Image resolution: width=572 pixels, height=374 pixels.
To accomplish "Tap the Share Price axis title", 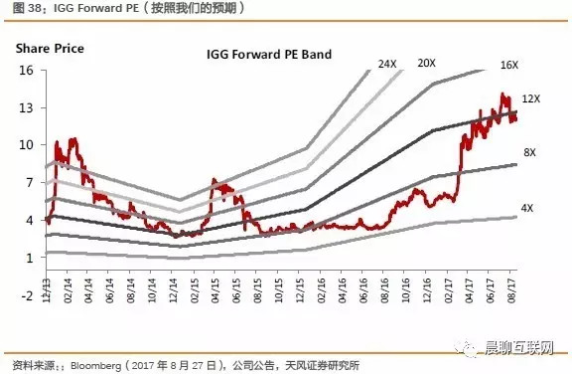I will pos(50,48).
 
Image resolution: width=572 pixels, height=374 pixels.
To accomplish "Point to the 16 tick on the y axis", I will pos(26,70).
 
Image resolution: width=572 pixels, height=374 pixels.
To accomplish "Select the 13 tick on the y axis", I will pos(26,107).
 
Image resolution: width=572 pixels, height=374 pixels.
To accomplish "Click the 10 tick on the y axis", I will pos(26,145).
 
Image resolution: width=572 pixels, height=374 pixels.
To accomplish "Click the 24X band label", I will pos(387,64).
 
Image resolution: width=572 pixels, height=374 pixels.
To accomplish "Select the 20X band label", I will pos(427,64).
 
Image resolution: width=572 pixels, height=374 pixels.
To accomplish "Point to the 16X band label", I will pos(509,65).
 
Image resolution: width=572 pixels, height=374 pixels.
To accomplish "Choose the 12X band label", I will pos(531,99).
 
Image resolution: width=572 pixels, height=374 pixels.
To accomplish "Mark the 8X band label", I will pos(529,152).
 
